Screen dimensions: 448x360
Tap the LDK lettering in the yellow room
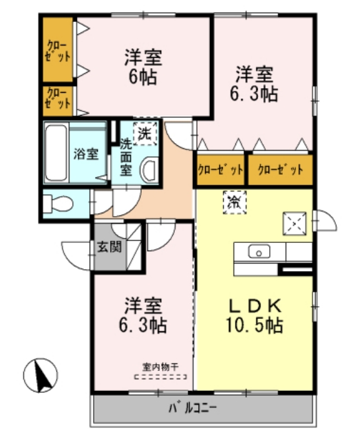click(255, 305)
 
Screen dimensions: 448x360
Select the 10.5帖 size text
click(255, 325)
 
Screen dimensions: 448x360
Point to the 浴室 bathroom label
click(85, 153)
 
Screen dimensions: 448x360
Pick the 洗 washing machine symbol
click(145, 133)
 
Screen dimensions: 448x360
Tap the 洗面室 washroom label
click(126, 158)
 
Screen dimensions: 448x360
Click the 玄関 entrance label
click(109, 246)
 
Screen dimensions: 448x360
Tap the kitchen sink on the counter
click(260, 252)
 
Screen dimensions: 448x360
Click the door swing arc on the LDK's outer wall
click(326, 222)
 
